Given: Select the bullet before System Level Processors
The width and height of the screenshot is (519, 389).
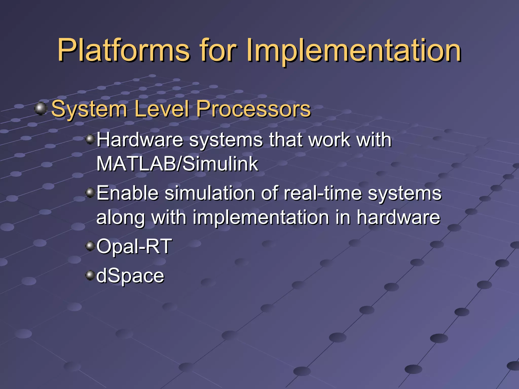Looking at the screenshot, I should coord(41,109).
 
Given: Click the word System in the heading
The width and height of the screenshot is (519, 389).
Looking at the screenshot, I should coord(89,109).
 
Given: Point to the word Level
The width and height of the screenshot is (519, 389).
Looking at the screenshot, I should coord(161,109).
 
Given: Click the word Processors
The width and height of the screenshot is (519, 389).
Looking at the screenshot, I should coord(253,109).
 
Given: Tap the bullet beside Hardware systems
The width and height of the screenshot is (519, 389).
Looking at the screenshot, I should coord(90,139).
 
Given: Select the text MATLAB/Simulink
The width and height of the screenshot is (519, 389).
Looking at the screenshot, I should coord(177,164).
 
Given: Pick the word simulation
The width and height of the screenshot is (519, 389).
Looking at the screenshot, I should coord(210,193).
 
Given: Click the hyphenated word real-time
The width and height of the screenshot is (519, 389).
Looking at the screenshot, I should coord(323,193).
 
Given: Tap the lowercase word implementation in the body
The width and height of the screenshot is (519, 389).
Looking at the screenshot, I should coord(261,217).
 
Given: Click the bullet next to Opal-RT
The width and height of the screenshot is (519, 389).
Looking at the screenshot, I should coord(90,245).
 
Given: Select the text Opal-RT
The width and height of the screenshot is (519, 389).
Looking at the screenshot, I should coord(134,246).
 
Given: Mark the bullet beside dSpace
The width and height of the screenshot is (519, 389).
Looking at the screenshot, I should coord(90,275).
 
